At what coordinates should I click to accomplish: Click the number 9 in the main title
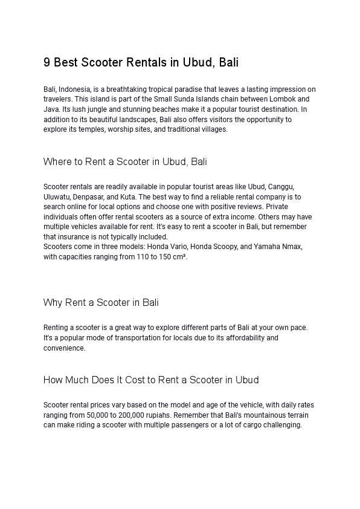click(x=47, y=63)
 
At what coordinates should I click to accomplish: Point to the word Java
click(x=51, y=109)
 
